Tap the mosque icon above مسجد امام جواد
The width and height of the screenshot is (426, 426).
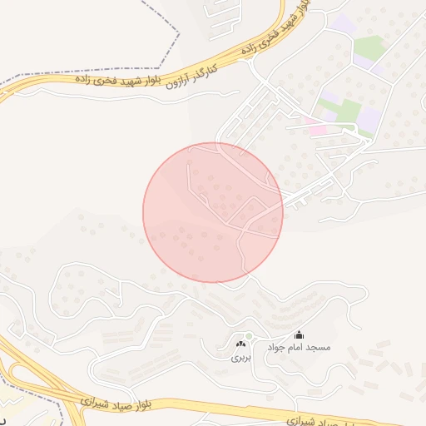click(x=299, y=334)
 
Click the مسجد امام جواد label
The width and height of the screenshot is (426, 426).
click(x=299, y=347)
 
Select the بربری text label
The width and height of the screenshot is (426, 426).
click(x=240, y=358)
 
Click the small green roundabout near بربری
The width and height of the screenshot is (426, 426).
click(x=249, y=336)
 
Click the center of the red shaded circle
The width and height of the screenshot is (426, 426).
click(x=213, y=212)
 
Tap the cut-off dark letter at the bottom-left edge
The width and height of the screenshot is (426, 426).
click(x=3, y=414)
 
